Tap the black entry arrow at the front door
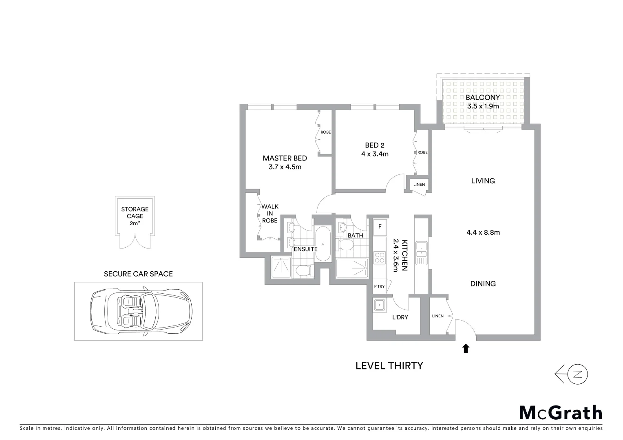pos(466,348)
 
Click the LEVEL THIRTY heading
pos(389,365)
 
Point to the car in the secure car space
pos(141,311)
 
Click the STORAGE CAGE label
pos(135,213)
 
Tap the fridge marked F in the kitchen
pos(380,227)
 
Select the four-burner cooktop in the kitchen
pos(379,258)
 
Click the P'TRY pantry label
pos(379,286)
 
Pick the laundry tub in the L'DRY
pos(380,305)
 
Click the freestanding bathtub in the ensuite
pos(323,244)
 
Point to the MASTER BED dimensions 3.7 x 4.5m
pos(285,167)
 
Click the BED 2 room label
pos(374,145)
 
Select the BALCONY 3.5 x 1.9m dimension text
pos(483,106)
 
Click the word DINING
pos(483,284)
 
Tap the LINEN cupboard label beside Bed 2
pos(419,185)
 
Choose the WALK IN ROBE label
pos(270,213)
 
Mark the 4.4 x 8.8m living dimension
pos(483,233)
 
